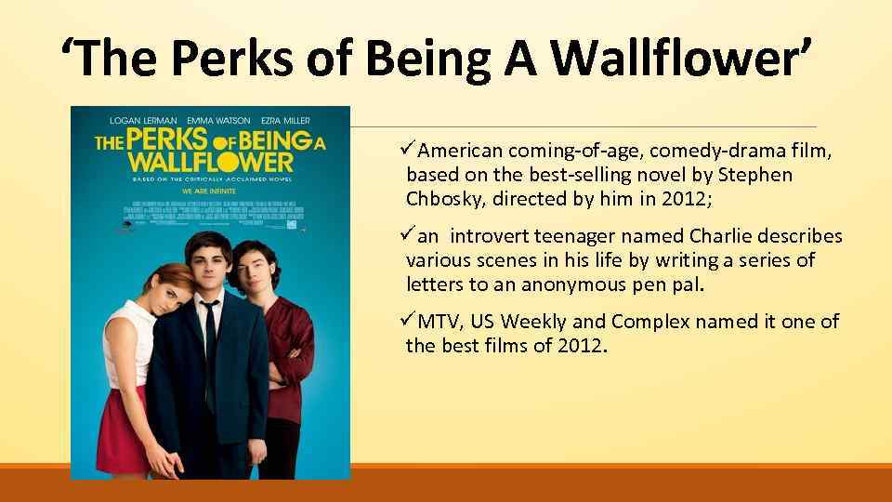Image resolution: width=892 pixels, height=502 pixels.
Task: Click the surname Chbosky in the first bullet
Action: (x=445, y=199)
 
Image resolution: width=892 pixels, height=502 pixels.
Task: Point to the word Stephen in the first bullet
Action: (x=759, y=175)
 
